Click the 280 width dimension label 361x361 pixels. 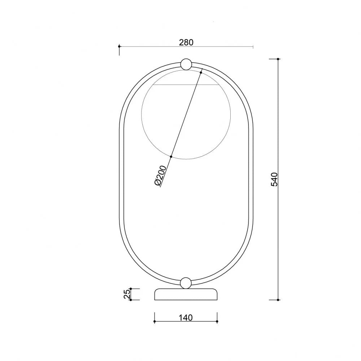point(186,43)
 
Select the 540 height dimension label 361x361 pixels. point(275,179)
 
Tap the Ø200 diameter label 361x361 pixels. point(160,175)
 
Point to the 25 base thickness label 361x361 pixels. point(127,294)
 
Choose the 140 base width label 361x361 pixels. point(186,318)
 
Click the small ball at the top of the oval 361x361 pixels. point(186,64)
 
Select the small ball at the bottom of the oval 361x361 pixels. point(186,283)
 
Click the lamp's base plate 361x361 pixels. point(186,294)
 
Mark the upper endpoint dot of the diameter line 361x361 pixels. point(201,73)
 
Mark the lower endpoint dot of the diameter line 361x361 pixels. point(171,157)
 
